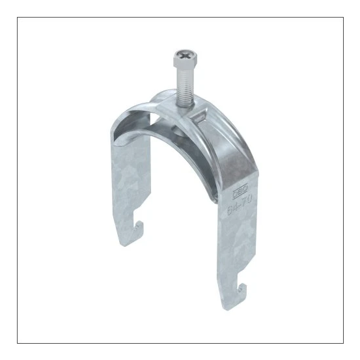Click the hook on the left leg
click(134, 227)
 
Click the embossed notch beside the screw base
click(201, 117)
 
